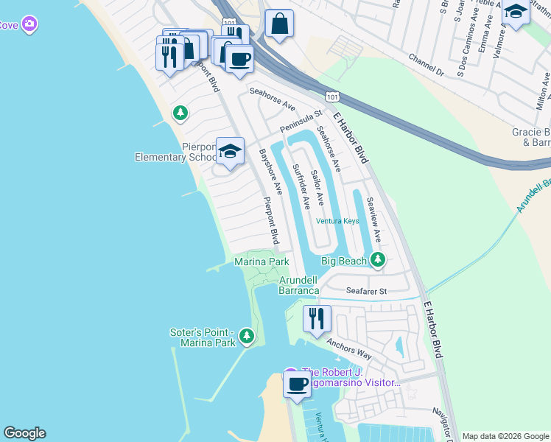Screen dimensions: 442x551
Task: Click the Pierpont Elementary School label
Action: [175, 151]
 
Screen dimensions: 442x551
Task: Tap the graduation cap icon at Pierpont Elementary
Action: [231, 152]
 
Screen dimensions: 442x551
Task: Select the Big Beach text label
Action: [343, 261]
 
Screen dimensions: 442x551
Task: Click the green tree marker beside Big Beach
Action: [378, 259]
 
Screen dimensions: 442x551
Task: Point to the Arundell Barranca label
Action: [299, 285]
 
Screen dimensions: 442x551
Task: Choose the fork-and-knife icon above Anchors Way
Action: [317, 318]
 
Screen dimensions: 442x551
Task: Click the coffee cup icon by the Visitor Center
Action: [298, 385]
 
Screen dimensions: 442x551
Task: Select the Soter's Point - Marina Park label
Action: [203, 337]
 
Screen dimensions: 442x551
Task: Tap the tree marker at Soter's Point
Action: [247, 337]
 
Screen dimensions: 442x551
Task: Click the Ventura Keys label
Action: [337, 221]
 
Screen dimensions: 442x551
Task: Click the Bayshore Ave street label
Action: [271, 172]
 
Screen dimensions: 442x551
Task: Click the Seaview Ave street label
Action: [373, 220]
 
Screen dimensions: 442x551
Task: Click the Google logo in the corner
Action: [24, 433]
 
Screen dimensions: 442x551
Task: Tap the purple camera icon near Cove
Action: [29, 24]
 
